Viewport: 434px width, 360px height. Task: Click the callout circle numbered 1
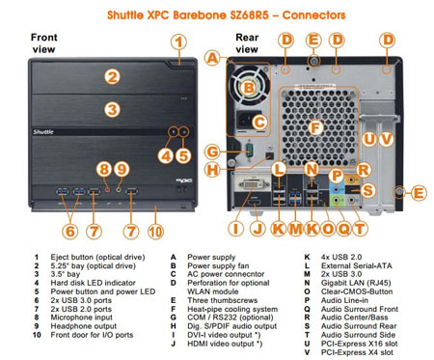pos(178,42)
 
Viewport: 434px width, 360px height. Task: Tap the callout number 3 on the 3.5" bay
pos(112,109)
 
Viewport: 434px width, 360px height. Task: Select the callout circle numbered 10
pos(155,232)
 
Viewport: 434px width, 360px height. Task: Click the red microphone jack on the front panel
pos(108,190)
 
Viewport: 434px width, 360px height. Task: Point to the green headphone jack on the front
pos(119,190)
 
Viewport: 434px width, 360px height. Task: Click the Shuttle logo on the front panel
pos(43,131)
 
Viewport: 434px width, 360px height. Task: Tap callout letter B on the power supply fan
pos(249,88)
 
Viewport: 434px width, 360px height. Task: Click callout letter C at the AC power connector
pos(259,123)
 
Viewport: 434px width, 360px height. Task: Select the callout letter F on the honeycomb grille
pos(315,127)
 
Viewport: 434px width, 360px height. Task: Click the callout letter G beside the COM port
pos(212,152)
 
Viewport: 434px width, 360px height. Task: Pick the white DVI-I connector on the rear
pos(254,184)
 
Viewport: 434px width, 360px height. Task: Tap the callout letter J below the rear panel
pos(258,229)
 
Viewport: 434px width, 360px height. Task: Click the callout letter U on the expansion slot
pos(369,139)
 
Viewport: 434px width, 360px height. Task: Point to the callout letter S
pos(367,190)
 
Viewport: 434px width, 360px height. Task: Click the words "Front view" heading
pos(44,43)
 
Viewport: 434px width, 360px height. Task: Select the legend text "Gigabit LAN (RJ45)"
pos(356,283)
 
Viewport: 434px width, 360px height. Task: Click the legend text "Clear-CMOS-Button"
pos(357,291)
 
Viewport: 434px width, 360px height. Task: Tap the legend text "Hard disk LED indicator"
pos(93,283)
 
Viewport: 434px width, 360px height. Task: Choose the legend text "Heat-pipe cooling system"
pos(232,309)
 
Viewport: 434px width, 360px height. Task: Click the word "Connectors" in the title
pos(313,14)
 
